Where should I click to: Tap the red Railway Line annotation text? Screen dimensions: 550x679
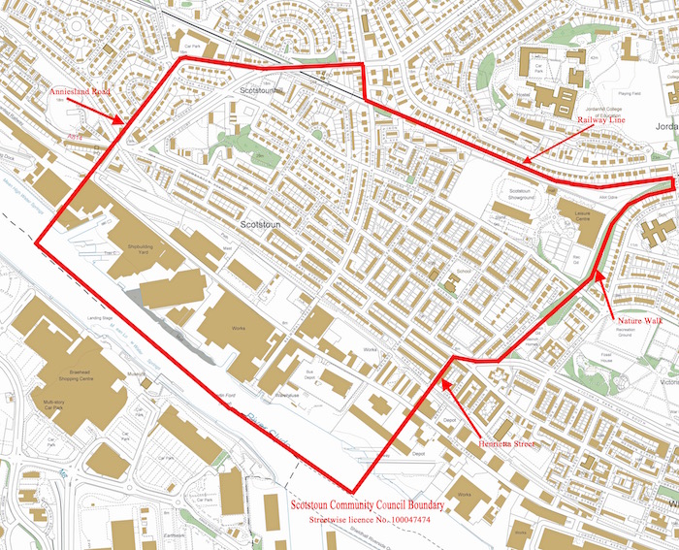pyautogui.click(x=601, y=119)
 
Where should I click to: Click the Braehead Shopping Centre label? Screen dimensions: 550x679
pyautogui.click(x=60, y=376)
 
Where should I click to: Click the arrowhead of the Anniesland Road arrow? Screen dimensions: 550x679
pyautogui.click(x=122, y=123)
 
